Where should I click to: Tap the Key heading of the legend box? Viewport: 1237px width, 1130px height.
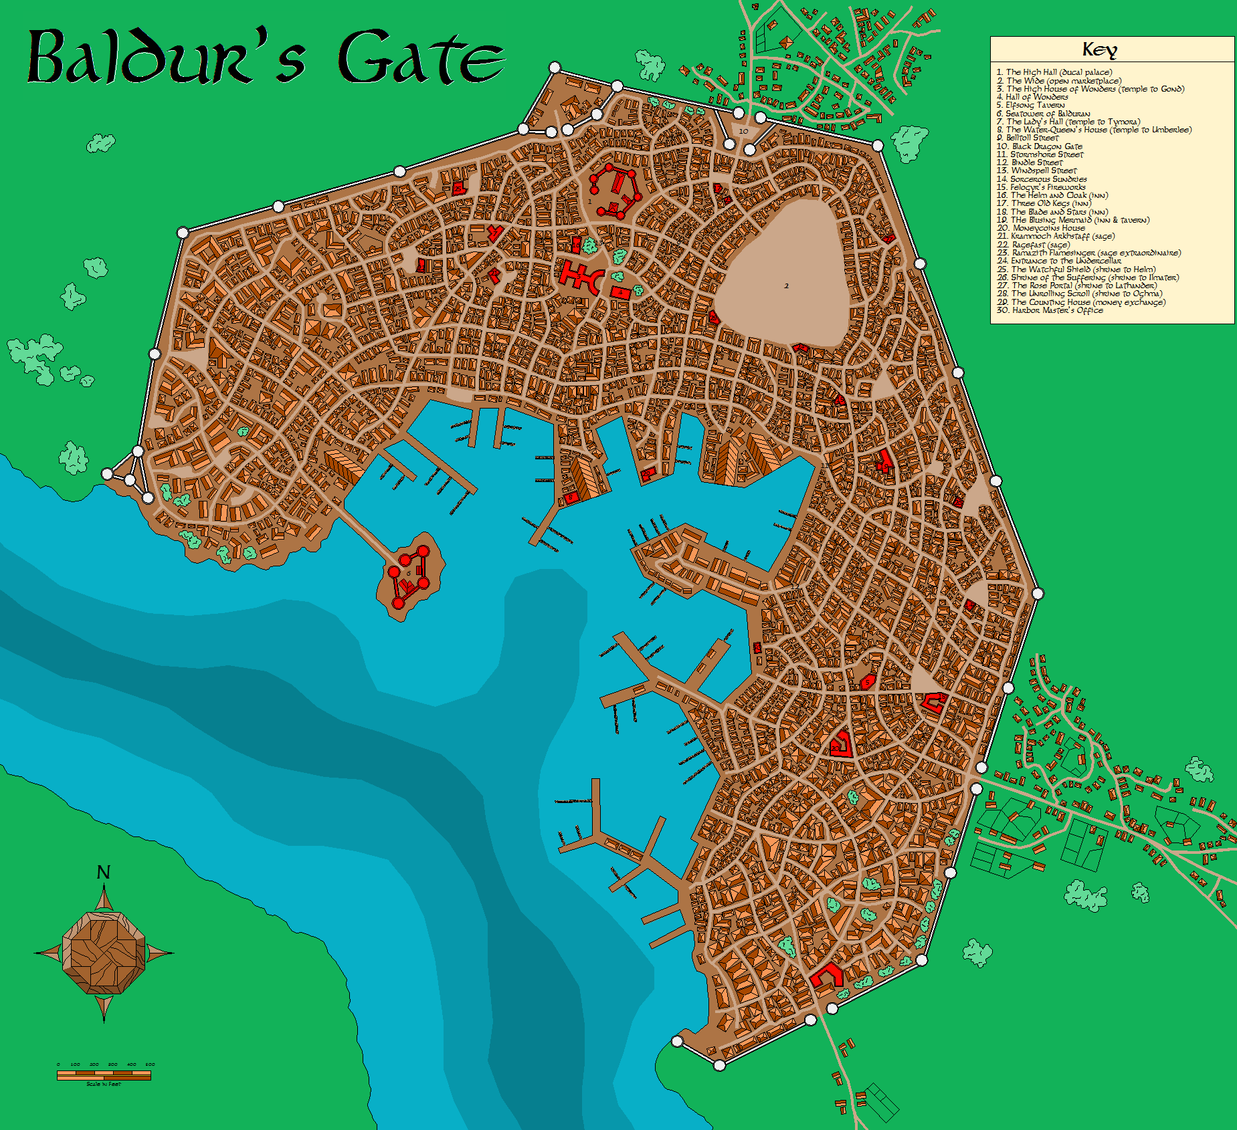tap(1099, 49)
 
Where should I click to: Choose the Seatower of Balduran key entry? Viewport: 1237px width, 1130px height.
tap(1043, 114)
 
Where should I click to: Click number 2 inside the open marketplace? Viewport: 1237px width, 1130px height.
tap(786, 286)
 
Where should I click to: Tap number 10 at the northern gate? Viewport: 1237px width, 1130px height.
tap(743, 132)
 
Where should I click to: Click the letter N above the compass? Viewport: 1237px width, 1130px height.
tap(103, 873)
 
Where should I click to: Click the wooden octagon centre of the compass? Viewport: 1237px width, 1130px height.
tap(104, 952)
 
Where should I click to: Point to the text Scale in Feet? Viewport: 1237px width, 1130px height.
tap(104, 1084)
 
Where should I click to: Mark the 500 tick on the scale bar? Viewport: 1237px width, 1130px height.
tap(150, 1064)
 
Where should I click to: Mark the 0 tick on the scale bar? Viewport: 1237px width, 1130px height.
tap(58, 1064)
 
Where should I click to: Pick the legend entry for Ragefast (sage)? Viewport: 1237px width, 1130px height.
tap(1033, 245)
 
